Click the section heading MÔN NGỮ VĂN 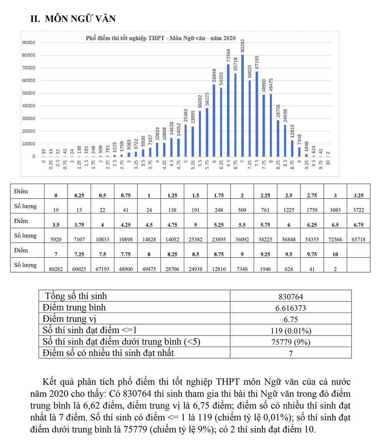[73, 19]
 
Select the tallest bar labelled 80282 [242, 106]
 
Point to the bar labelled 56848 [214, 121]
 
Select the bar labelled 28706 [278, 138]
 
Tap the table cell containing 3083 [335, 210]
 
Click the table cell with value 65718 [358, 239]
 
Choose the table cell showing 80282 [56, 269]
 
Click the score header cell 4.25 [126, 225]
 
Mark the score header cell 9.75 [312, 255]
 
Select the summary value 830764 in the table [290, 296]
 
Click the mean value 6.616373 [290, 308]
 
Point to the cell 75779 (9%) [290, 342]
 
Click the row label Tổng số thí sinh [76, 296]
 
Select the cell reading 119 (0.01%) [290, 331]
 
